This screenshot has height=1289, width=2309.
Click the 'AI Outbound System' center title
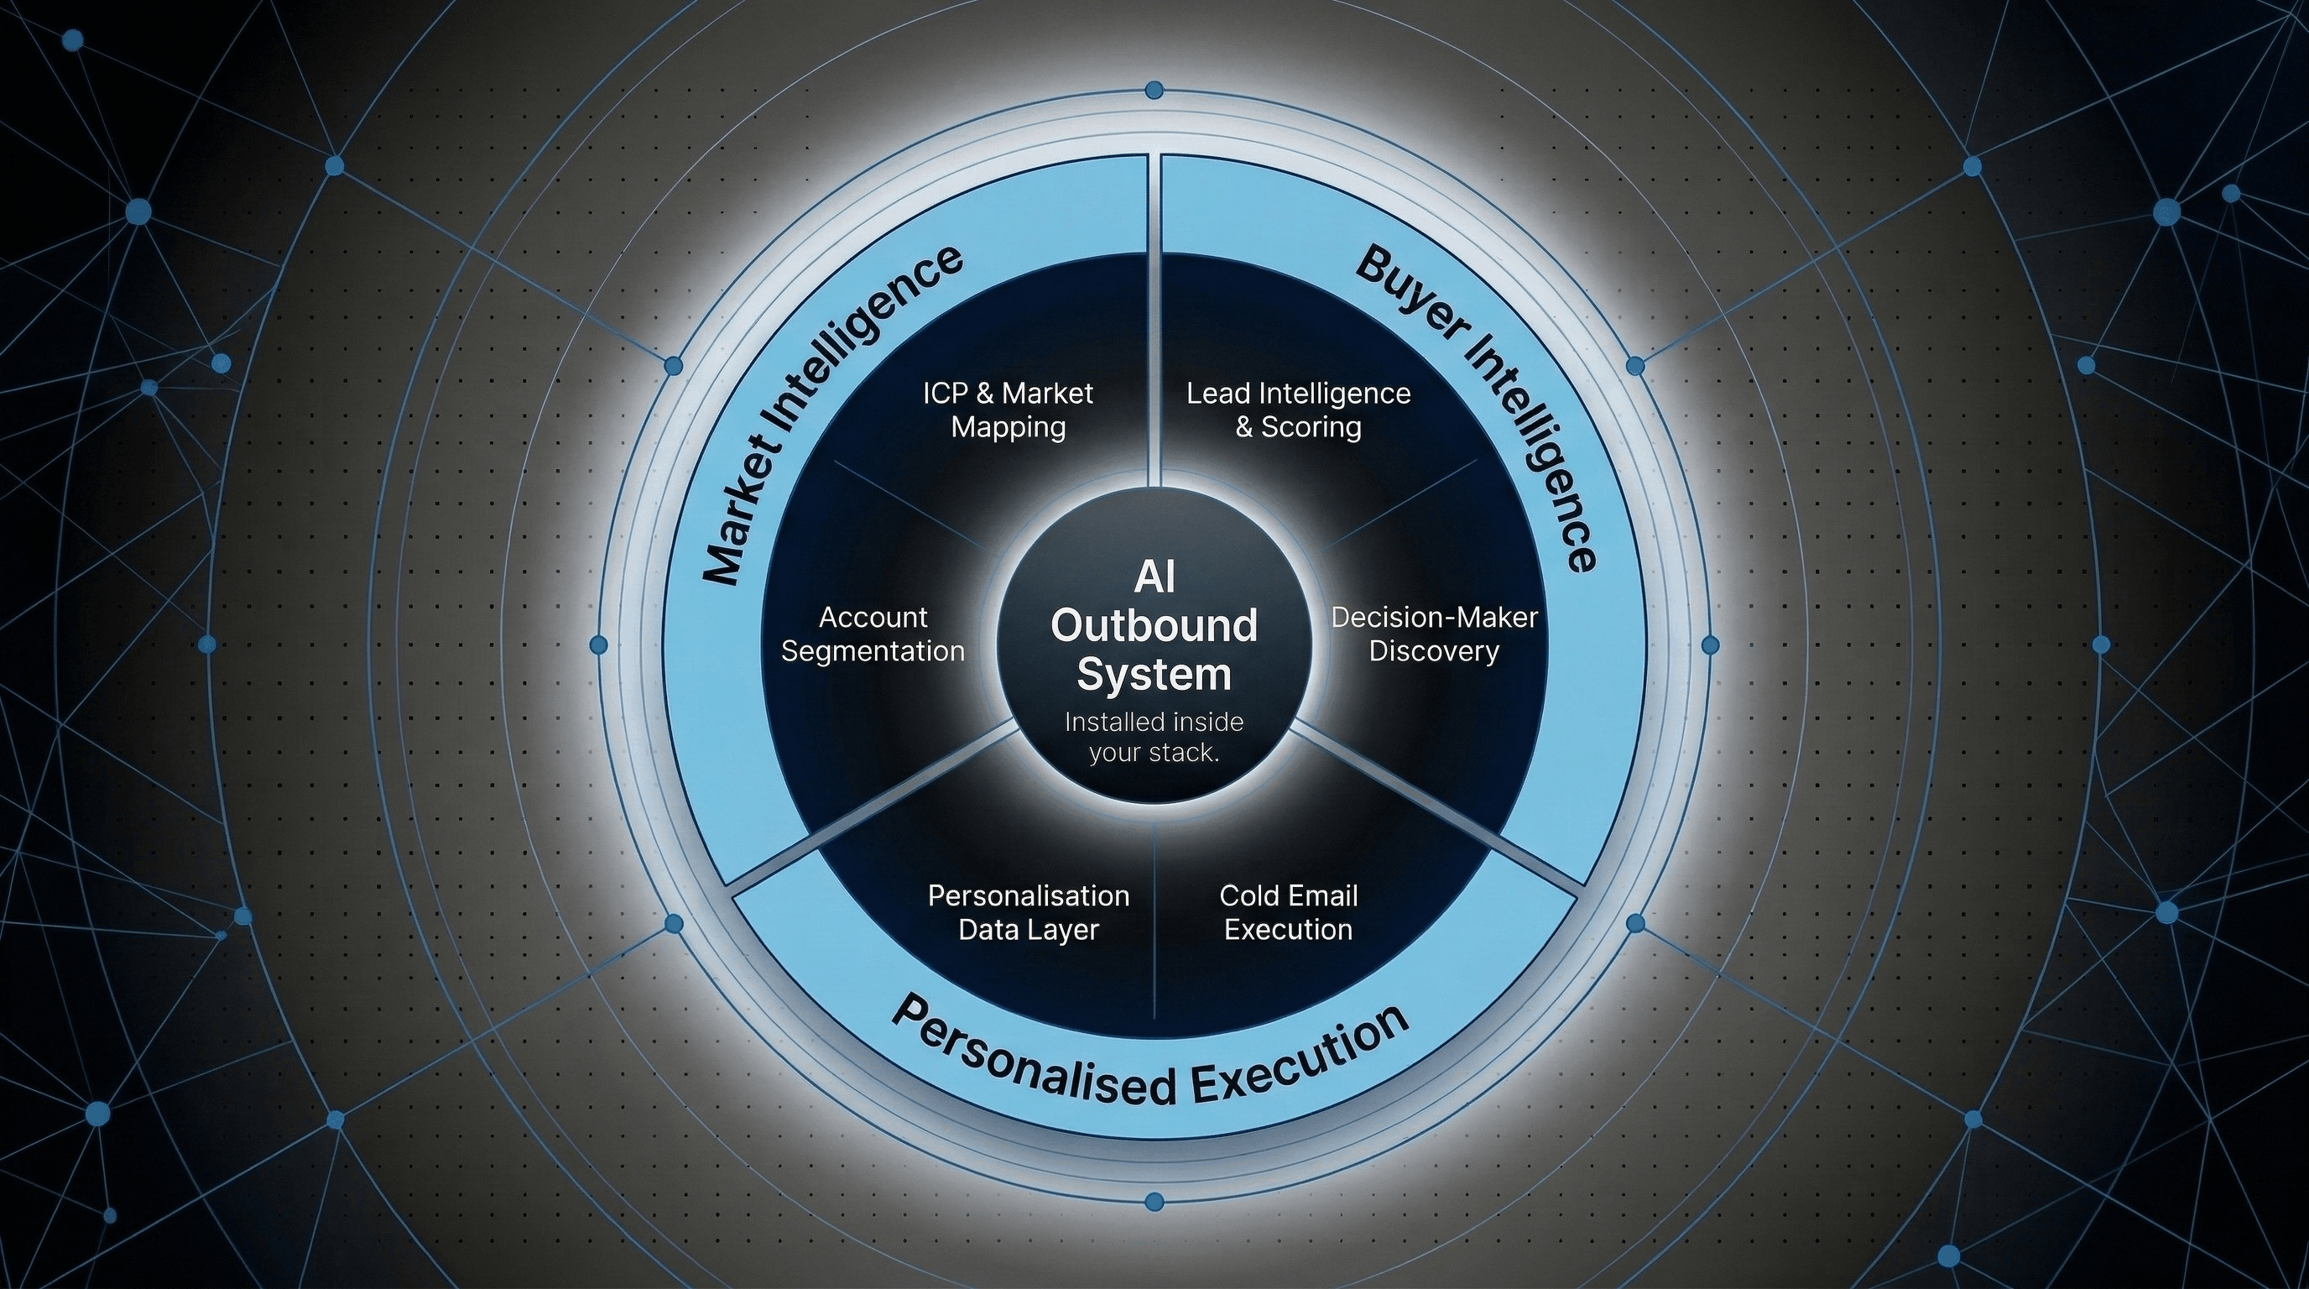tap(1154, 626)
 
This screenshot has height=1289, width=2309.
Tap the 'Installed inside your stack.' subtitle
tap(1154, 737)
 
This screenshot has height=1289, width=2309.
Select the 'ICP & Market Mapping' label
tap(1009, 410)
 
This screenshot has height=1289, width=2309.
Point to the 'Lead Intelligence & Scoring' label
tap(1299, 410)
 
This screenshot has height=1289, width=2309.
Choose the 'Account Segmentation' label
tap(872, 634)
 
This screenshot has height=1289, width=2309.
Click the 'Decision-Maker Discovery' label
tap(1434, 634)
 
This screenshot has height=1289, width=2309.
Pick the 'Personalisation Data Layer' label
tap(1028, 912)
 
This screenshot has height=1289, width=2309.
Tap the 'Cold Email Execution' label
tap(1289, 912)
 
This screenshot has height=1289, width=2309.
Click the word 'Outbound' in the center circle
tap(1154, 625)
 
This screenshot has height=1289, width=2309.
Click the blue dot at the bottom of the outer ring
tap(1154, 1200)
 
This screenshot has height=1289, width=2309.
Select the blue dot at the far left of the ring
tap(600, 644)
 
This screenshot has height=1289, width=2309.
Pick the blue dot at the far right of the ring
tap(1709, 644)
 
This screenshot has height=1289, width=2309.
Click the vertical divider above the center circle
tap(1154, 323)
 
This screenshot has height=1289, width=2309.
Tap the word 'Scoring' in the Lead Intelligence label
tap(1311, 426)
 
